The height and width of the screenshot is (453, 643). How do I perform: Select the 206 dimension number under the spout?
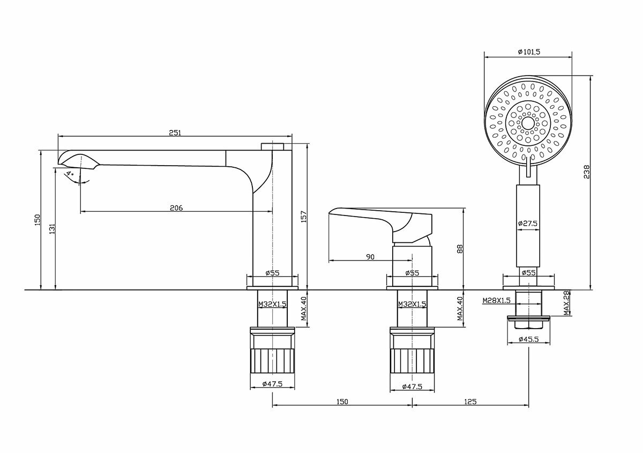(176, 207)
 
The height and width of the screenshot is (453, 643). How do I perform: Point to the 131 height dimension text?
(51, 228)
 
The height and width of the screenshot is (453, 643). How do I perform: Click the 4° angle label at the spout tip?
(69, 174)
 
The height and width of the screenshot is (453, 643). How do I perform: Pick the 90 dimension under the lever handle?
(370, 257)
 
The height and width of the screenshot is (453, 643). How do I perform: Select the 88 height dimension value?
(460, 248)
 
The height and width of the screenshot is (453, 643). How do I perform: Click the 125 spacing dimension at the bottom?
(471, 401)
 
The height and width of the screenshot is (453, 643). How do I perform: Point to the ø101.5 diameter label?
(529, 51)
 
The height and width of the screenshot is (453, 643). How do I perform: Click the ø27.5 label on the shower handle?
(528, 223)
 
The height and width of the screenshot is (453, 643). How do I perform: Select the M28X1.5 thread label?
(496, 300)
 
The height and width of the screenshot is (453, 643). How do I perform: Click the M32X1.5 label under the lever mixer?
(412, 304)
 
